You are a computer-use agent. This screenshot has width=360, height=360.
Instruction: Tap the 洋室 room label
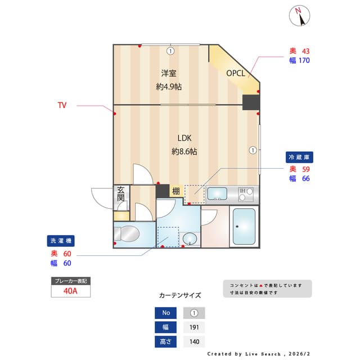click(168, 73)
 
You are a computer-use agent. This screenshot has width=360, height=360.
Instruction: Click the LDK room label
click(184, 138)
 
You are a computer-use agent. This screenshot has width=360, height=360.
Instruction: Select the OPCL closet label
click(235, 73)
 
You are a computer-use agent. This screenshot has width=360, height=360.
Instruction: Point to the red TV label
click(62, 105)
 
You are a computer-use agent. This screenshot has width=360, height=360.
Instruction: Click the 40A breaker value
click(71, 291)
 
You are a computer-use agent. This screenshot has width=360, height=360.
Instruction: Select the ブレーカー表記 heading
click(70, 281)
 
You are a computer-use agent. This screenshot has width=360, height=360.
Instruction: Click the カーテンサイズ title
click(180, 295)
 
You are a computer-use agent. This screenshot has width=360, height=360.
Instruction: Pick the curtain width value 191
click(194, 327)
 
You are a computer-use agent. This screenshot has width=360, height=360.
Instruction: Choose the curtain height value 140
click(194, 341)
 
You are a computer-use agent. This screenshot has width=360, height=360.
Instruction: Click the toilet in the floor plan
click(128, 233)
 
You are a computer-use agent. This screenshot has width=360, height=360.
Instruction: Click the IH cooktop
click(246, 194)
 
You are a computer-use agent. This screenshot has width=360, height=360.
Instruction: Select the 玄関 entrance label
click(121, 194)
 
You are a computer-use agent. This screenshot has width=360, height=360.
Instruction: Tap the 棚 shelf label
click(175, 191)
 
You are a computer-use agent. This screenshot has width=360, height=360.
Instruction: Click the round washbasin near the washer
click(190, 238)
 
